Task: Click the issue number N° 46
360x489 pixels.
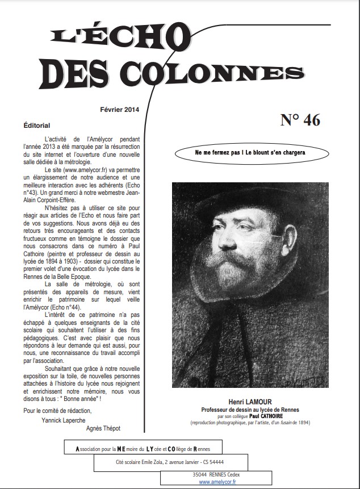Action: click(x=300, y=120)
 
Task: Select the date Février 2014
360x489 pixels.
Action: click(x=119, y=109)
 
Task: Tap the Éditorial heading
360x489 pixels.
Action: click(x=37, y=125)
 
